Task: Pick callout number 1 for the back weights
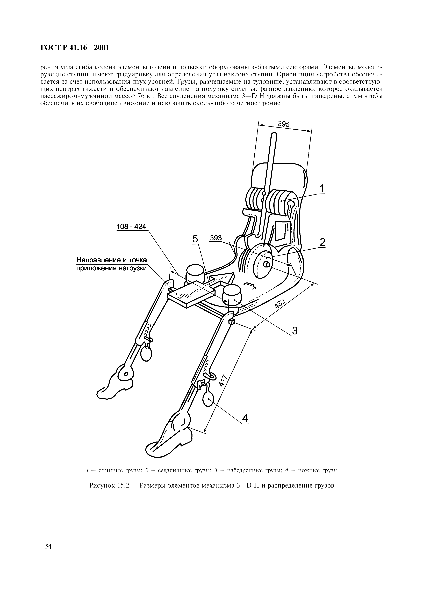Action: tap(322, 189)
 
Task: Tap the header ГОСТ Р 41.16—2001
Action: tap(75, 48)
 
